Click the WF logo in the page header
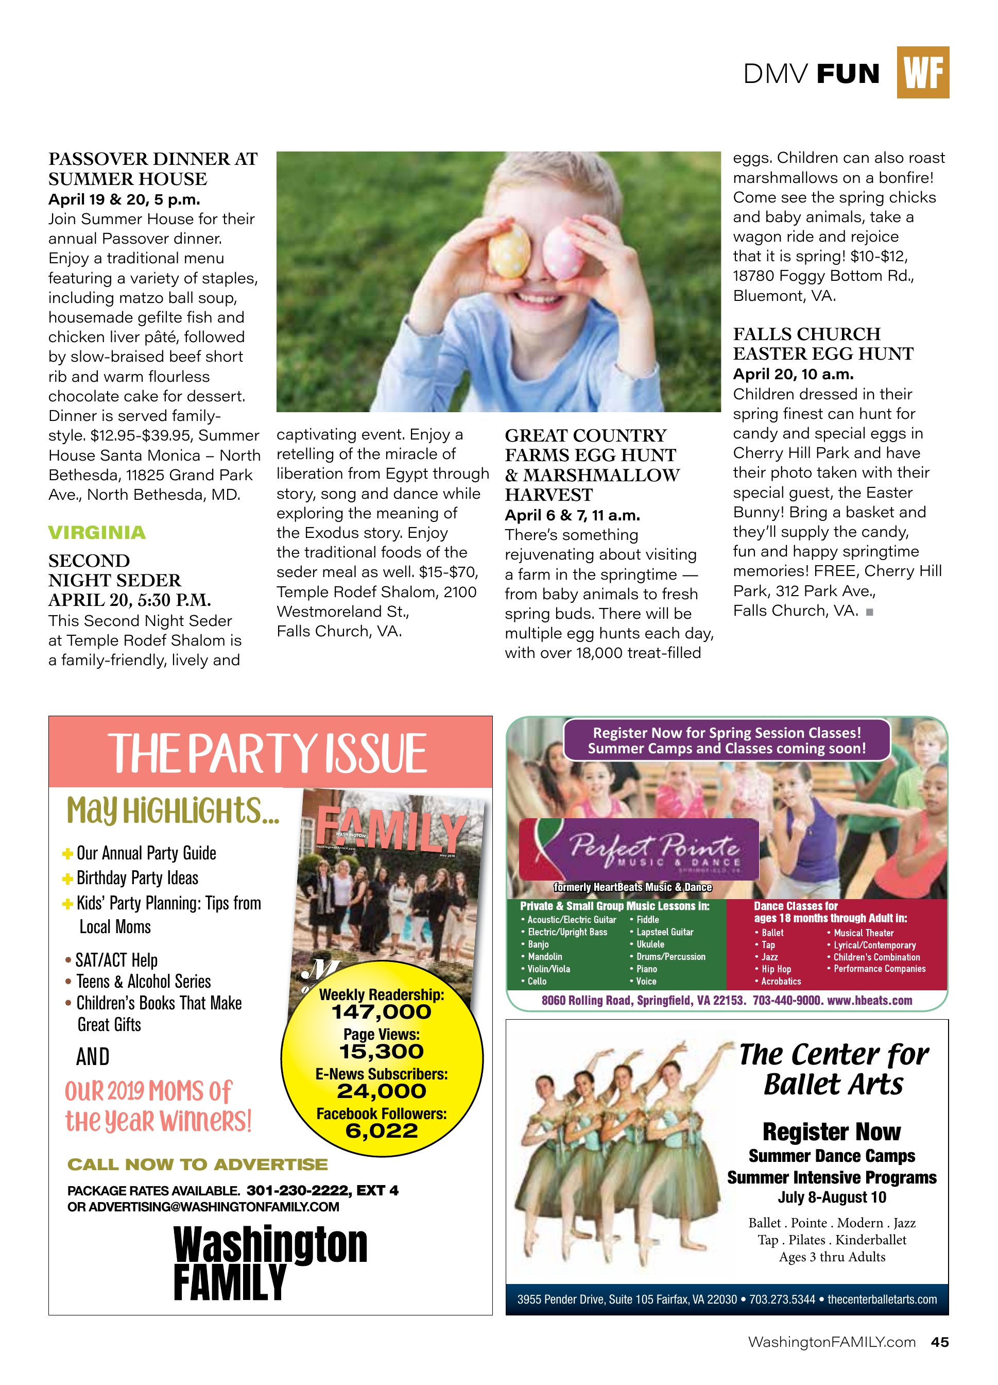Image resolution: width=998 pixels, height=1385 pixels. coord(922,73)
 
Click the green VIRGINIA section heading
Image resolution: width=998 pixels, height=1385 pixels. coord(97,532)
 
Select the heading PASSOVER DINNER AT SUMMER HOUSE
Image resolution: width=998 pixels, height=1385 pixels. coord(152,168)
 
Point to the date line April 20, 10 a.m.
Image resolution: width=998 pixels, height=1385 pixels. coord(793,374)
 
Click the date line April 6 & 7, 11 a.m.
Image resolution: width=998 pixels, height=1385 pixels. coord(572,515)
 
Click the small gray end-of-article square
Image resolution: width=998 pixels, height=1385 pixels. coord(869,612)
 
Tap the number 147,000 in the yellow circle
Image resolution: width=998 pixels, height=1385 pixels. coord(382,1012)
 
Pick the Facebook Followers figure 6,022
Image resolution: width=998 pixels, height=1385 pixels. coord(382,1131)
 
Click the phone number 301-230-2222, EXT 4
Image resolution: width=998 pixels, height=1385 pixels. coord(322,1190)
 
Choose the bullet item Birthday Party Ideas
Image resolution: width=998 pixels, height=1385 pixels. coord(137,878)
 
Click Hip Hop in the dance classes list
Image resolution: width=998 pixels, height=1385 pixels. coord(776,969)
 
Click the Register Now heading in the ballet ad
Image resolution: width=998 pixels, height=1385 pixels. coord(831,1131)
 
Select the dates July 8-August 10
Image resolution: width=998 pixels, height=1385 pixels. coord(831,1197)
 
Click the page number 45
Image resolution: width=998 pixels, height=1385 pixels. coord(939,1342)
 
